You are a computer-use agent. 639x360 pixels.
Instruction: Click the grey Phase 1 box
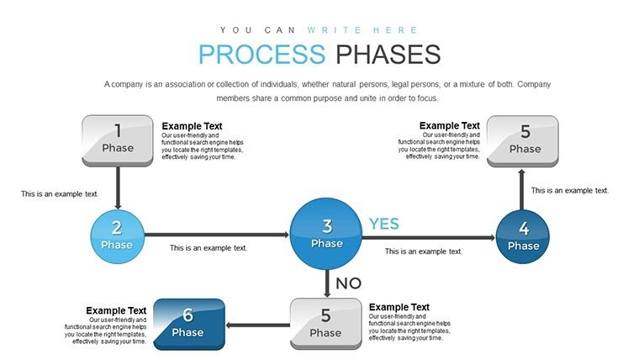118,140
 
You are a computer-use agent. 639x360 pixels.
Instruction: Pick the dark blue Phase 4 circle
523,236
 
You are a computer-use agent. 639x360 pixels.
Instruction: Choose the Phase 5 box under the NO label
325,324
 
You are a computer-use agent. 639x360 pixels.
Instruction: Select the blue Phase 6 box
188,324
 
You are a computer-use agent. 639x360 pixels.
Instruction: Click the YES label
384,224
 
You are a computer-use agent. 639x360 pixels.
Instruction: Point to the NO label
349,283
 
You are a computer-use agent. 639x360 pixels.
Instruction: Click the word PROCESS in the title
261,55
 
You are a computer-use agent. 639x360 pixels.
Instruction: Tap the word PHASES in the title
388,55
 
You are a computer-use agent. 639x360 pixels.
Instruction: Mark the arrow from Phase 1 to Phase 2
118,187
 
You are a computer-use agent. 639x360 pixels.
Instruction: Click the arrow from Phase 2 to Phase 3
216,235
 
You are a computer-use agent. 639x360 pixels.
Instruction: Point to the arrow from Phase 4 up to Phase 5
522,188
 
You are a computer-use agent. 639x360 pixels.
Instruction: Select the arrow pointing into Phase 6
259,325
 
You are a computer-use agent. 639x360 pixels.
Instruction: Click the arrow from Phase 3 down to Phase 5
326,281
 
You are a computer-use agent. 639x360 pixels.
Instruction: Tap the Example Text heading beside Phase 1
192,126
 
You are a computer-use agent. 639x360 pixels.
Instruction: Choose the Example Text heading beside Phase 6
116,310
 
